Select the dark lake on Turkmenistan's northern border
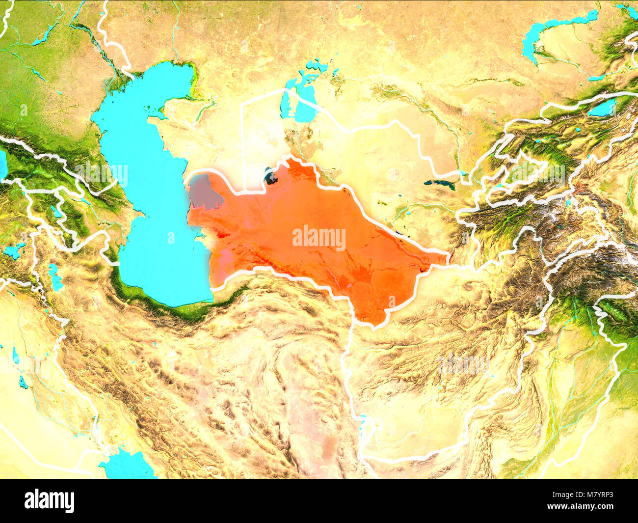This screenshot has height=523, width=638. [270, 175]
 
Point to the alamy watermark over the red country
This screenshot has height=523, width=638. [319, 238]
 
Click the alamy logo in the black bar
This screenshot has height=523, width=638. [49, 500]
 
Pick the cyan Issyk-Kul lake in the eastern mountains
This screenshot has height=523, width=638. [602, 108]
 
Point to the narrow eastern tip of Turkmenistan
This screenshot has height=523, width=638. [444, 257]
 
